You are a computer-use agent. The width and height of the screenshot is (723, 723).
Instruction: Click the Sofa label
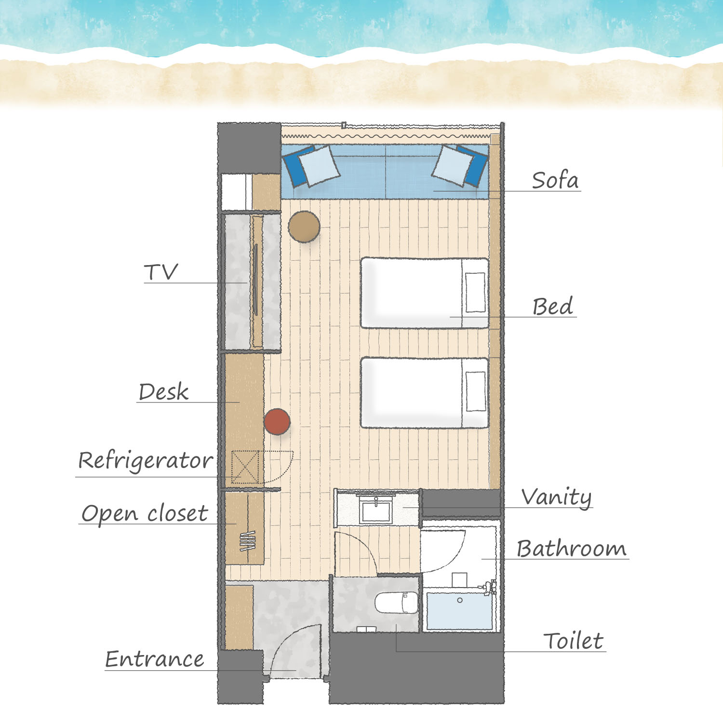(555, 180)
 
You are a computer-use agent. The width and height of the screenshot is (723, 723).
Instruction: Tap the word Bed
(553, 307)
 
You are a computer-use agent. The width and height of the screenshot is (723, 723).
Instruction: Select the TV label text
(161, 272)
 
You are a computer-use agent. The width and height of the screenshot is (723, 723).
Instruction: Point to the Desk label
(163, 392)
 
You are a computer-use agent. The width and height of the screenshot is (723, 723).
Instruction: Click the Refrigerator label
(146, 461)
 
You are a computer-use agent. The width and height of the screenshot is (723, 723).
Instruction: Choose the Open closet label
(145, 513)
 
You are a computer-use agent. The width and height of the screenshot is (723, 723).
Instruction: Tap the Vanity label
(557, 497)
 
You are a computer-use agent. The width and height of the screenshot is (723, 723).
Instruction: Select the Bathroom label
(572, 549)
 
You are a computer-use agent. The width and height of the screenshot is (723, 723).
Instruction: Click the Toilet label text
(573, 641)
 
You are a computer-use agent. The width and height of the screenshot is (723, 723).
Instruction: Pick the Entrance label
(155, 659)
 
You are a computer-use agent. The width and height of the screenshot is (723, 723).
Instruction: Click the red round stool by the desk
(277, 422)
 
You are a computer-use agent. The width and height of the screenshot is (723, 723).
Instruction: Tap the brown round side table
(304, 227)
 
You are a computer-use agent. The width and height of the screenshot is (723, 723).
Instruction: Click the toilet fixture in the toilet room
(396, 603)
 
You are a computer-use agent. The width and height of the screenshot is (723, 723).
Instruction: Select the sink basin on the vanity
(376, 510)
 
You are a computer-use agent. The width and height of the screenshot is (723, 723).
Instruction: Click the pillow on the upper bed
(476, 293)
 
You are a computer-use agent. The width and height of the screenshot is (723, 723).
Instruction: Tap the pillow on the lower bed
(476, 391)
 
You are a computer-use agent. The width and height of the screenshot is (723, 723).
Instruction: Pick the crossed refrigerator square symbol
(245, 467)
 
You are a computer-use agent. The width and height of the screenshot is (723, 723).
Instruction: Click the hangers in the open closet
(248, 541)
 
